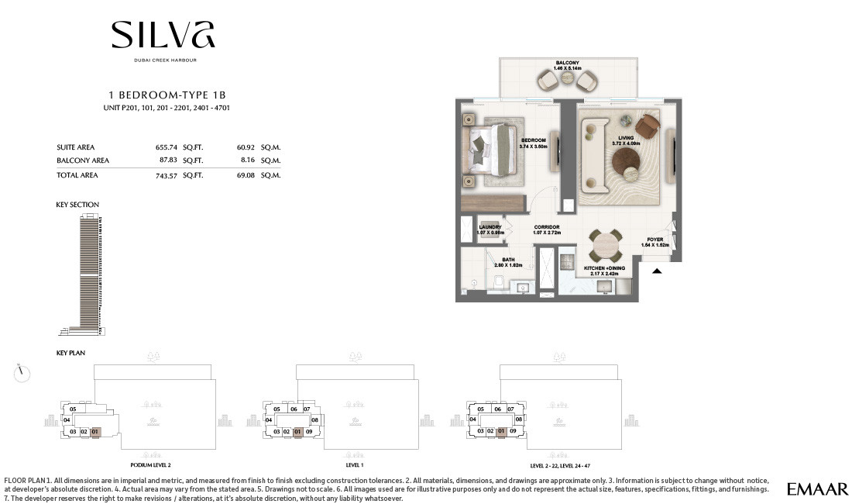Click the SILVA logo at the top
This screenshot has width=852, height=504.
click(163, 36)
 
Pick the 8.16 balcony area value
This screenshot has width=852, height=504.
click(249, 161)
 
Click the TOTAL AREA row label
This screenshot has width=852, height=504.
click(77, 175)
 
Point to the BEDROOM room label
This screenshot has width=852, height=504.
click(534, 141)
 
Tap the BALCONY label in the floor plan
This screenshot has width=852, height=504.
click(567, 63)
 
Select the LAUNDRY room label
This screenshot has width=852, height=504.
click(490, 228)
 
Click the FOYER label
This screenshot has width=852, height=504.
click(654, 240)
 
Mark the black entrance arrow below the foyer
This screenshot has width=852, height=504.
click(657, 271)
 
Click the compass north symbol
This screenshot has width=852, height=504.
click(22, 373)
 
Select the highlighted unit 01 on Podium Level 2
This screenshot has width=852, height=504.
click(96, 431)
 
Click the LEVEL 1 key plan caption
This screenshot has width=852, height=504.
click(354, 465)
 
